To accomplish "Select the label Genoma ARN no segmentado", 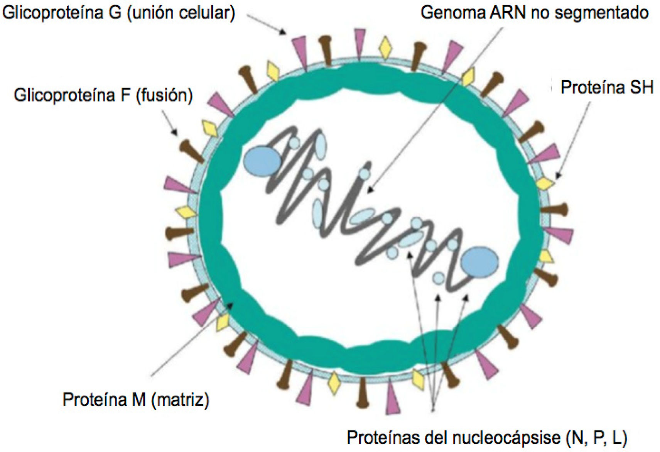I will pos(534,12).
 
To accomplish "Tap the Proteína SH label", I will pos(606,87).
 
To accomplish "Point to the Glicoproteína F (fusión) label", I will pos(103,95).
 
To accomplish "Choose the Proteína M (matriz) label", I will pos(136,400).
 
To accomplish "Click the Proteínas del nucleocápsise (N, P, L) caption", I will pos(487,438).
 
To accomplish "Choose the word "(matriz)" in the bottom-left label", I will pos(180,400).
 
